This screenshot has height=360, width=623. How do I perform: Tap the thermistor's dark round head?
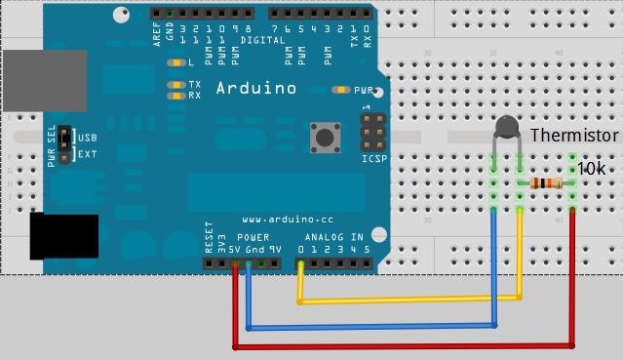[x=506, y=127]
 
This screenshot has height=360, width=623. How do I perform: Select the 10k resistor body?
[x=546, y=183]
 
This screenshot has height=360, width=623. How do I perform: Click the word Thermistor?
[x=574, y=136]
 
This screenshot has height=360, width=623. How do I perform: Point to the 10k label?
[x=592, y=168]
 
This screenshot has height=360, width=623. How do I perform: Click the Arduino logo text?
[x=255, y=89]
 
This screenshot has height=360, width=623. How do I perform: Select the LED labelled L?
[x=176, y=62]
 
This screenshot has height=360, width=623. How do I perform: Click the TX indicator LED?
[x=176, y=85]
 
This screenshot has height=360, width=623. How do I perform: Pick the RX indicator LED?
[x=176, y=96]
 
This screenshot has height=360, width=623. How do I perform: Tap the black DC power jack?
[x=63, y=236]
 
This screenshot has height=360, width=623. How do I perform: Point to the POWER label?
[x=253, y=237]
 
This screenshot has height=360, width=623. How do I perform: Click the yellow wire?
[x=409, y=300]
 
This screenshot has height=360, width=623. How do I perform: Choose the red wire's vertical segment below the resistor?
[x=572, y=273]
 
